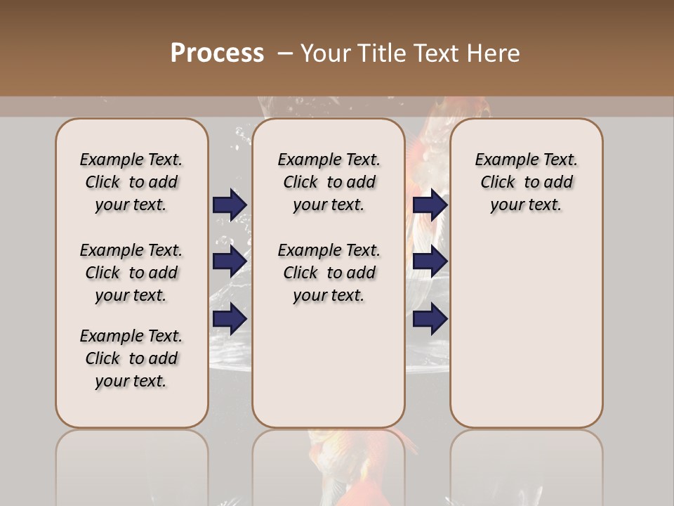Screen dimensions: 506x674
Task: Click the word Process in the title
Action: [217, 53]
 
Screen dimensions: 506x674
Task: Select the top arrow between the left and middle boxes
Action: [230, 205]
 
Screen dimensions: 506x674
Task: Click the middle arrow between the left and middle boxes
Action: [230, 261]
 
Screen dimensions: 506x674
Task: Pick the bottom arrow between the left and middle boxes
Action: [230, 319]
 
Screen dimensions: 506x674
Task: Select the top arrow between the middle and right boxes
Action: [430, 205]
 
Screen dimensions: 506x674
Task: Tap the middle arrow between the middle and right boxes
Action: [430, 261]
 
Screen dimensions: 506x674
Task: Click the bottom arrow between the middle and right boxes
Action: [430, 319]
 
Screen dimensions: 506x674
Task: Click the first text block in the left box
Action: [131, 182]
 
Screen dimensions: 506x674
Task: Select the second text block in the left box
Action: [131, 273]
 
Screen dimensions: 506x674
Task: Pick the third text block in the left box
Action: [131, 358]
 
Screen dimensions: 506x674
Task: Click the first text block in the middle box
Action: [329, 182]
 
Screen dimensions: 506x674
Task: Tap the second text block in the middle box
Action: [329, 273]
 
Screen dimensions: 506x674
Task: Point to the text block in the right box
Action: [527, 182]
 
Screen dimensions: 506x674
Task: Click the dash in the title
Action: [285, 53]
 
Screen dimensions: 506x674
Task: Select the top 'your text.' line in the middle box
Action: [329, 205]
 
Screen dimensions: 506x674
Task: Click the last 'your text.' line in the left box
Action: [131, 381]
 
